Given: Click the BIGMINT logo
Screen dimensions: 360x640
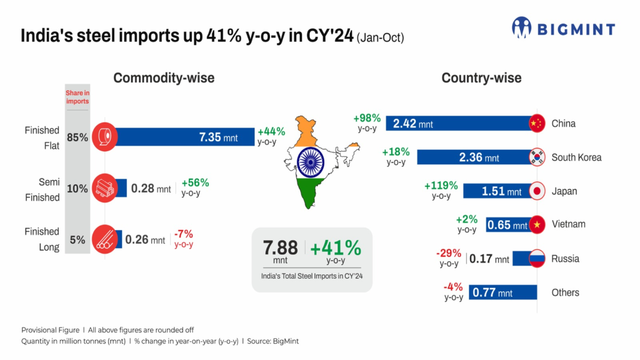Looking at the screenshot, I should click(x=562, y=28).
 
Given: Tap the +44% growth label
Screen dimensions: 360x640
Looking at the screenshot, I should click(x=271, y=132).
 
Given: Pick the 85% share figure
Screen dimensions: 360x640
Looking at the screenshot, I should click(x=77, y=137).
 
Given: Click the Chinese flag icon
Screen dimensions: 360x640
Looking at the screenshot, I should click(x=536, y=123).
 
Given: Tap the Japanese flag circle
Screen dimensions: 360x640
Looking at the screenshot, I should click(x=537, y=191).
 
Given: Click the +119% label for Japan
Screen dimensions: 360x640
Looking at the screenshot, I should click(x=441, y=186).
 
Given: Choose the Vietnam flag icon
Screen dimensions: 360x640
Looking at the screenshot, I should click(x=537, y=224).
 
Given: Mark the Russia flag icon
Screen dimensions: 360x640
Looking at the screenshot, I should click(x=537, y=258).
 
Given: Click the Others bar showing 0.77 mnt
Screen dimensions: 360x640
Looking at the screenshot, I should click(x=503, y=292).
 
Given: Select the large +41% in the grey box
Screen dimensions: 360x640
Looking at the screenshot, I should click(x=336, y=247).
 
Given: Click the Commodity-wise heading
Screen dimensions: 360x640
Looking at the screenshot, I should click(x=164, y=78).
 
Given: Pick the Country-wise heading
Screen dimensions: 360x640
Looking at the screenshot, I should click(x=481, y=78).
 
